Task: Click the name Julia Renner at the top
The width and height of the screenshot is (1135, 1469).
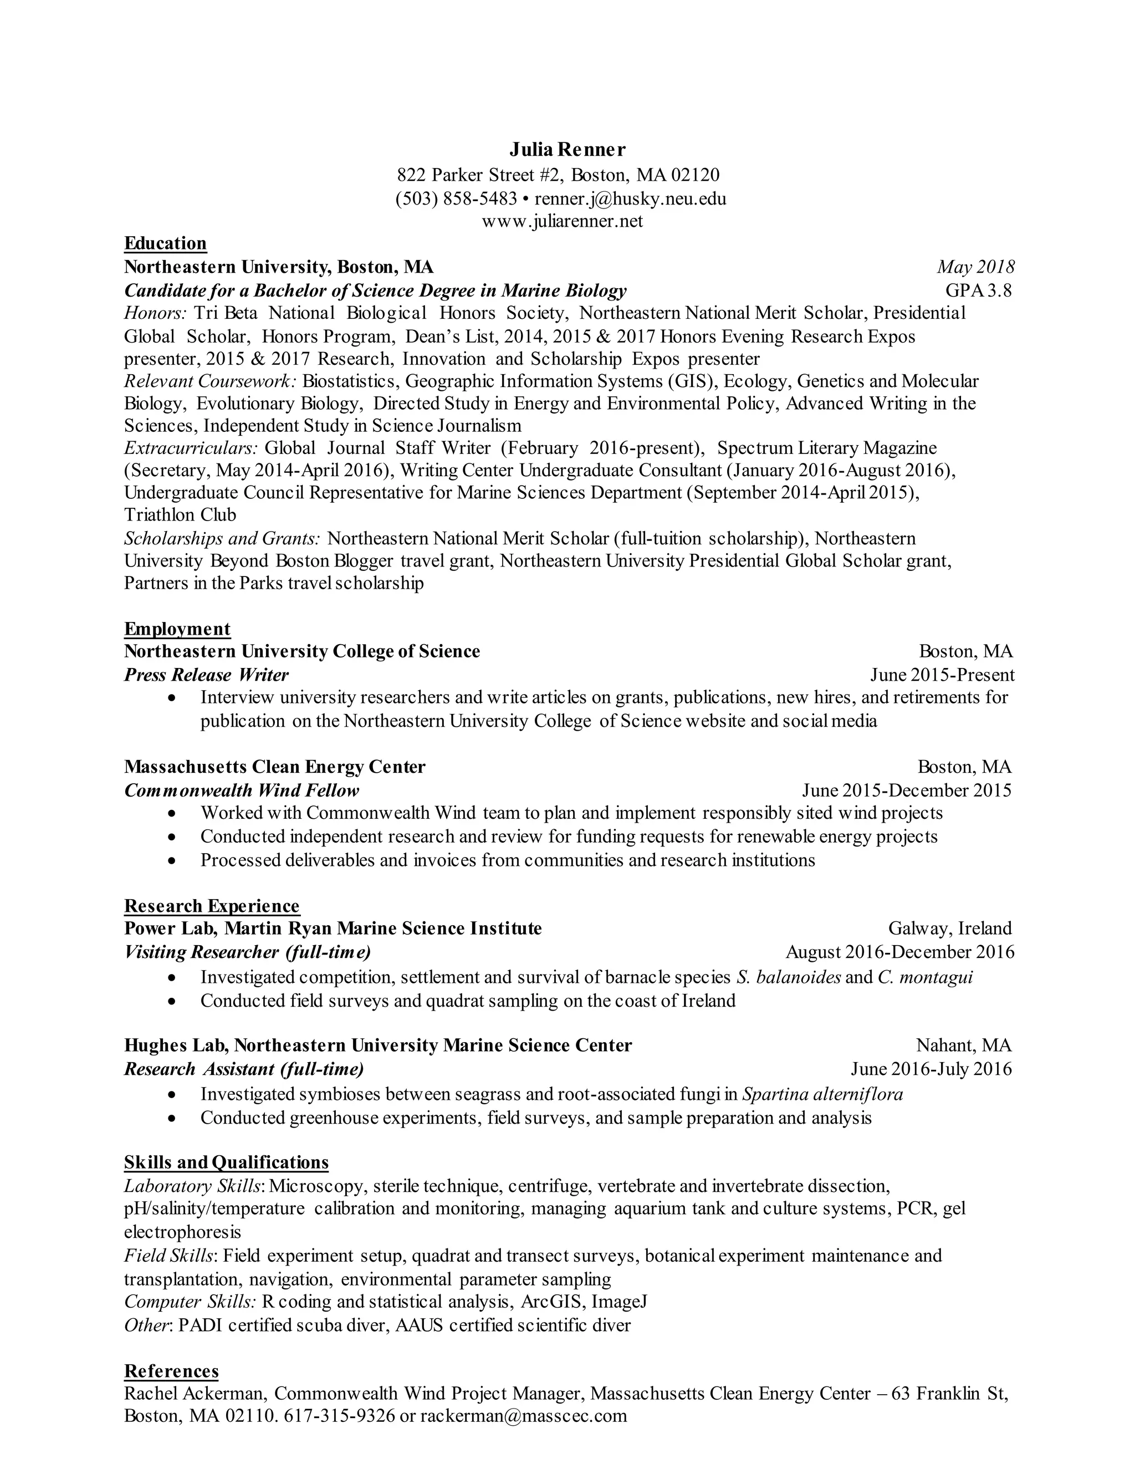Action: click(x=567, y=149)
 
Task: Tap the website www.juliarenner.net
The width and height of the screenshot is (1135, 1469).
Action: click(x=562, y=221)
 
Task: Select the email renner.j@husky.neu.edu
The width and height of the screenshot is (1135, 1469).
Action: click(x=630, y=199)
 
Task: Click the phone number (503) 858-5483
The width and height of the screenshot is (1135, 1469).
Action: click(x=456, y=199)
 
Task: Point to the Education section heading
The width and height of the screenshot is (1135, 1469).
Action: click(x=165, y=243)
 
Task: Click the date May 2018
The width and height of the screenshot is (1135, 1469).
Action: click(x=975, y=267)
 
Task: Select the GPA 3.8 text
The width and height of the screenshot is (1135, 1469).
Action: click(x=978, y=290)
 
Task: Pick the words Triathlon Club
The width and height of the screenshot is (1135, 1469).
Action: click(x=180, y=515)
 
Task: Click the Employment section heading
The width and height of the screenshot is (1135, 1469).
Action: click(x=177, y=629)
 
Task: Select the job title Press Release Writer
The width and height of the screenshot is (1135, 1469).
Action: click(x=206, y=675)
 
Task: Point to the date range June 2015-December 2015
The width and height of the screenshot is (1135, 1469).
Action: click(x=906, y=790)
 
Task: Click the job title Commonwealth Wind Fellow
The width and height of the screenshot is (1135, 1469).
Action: click(x=242, y=790)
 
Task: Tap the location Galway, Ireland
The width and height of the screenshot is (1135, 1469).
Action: click(x=949, y=929)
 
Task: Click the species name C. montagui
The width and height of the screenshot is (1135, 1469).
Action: click(x=925, y=977)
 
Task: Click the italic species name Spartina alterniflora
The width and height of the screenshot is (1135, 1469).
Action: click(x=822, y=1094)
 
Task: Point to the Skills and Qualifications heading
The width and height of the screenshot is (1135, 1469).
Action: click(x=227, y=1163)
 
